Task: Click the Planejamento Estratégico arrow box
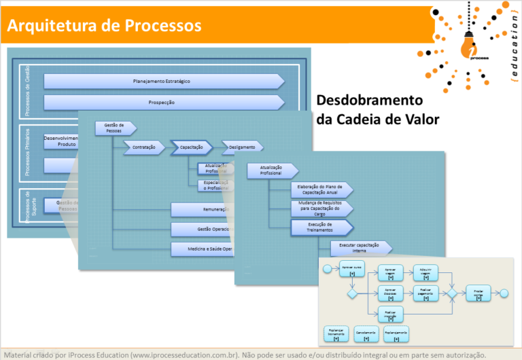pos(163,82)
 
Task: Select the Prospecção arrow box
pos(163,103)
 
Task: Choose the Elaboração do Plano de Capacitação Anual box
pos(321,190)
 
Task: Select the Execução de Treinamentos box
pos(321,227)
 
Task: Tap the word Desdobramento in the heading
pos(370,101)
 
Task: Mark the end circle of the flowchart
pos(504,293)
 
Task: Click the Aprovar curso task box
pos(352,270)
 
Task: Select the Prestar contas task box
pos(478,293)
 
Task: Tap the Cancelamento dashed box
pos(366,334)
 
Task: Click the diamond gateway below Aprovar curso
pos(352,293)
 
